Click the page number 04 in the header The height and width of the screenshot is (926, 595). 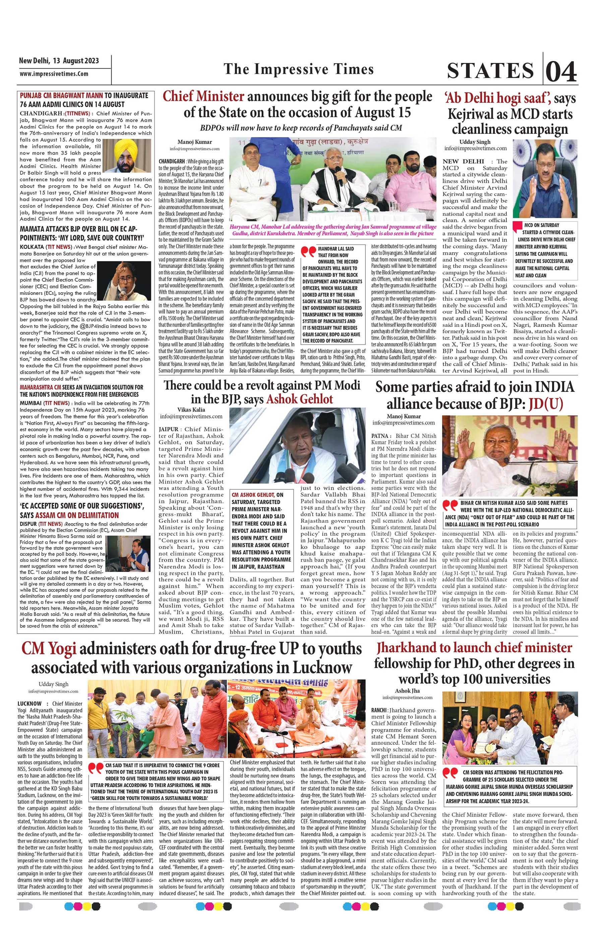(561, 71)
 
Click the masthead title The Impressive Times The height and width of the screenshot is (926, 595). (298, 69)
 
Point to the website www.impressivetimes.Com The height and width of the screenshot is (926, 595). (54, 74)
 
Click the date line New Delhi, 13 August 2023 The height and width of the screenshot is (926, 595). (59, 61)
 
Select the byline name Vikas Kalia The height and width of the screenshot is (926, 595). (191, 410)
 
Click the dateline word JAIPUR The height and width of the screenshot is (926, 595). (169, 429)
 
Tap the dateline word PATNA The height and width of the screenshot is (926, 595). (380, 435)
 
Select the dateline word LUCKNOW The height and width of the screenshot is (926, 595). (29, 704)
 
